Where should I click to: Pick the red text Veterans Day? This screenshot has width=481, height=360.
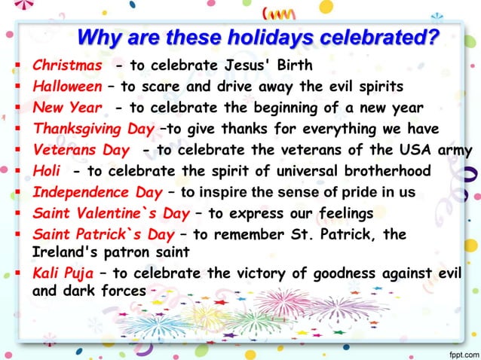[81, 150]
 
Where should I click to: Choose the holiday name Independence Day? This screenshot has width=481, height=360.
[97, 192]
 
